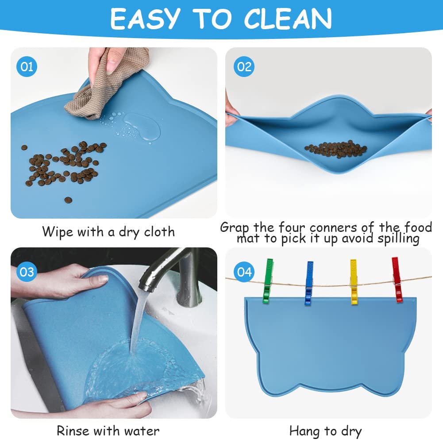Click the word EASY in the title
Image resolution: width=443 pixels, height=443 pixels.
[145, 19]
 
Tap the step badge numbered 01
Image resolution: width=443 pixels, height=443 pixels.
[27, 67]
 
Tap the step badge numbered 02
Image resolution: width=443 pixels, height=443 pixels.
[244, 67]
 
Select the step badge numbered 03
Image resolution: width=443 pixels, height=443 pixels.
[27, 271]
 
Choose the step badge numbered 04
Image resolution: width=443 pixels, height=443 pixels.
[244, 271]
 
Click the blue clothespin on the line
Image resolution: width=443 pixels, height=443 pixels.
[308, 283]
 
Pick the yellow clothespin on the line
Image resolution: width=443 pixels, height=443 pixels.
[354, 282]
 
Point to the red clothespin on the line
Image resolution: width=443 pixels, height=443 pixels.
[397, 280]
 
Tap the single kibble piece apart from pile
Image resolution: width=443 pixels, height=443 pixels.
[68, 200]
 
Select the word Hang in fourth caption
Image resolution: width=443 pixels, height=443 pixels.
[304, 431]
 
